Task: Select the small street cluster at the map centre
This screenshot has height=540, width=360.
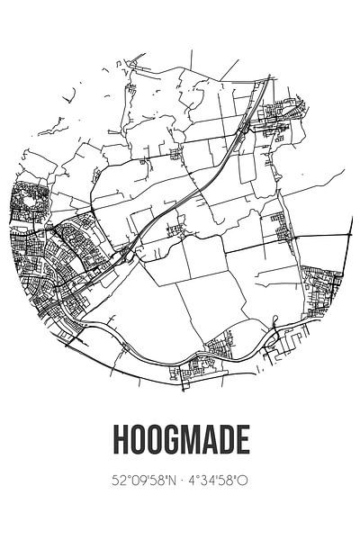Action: pos(175,231)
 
